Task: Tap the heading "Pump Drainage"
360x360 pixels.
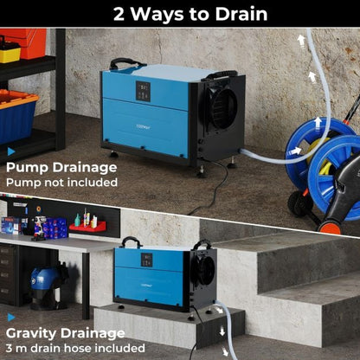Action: pyautogui.click(x=62, y=166)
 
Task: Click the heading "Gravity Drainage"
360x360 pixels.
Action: pyautogui.click(x=66, y=332)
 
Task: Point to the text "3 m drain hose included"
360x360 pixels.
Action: pyautogui.click(x=75, y=348)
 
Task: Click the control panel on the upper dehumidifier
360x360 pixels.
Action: pyautogui.click(x=143, y=90)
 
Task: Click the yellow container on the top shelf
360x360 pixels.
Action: pyautogui.click(x=10, y=53)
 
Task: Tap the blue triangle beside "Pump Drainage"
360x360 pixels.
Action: pyautogui.click(x=10, y=151)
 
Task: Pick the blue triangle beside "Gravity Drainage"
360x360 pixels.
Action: pyautogui.click(x=10, y=318)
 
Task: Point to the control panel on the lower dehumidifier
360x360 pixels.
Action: pyautogui.click(x=138, y=257)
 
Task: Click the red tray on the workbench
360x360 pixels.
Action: pyautogui.click(x=87, y=227)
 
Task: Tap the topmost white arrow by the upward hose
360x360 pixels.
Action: pyautogui.click(x=300, y=40)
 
